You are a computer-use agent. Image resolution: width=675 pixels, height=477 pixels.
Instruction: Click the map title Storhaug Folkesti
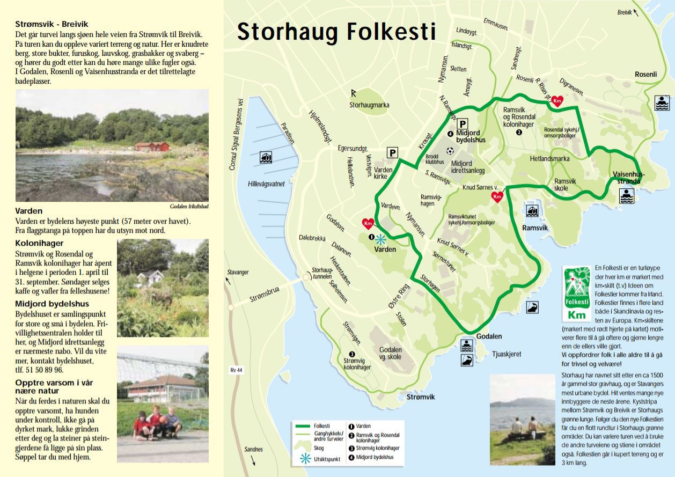click(x=336, y=32)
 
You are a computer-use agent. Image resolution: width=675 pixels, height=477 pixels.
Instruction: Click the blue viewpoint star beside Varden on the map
click(x=380, y=239)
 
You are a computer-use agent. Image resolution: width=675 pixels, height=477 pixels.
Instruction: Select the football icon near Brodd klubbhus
click(x=450, y=150)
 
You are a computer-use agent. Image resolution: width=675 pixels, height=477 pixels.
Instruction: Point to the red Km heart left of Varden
click(x=368, y=223)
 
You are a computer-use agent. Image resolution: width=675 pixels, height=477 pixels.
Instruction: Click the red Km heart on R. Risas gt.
click(x=557, y=101)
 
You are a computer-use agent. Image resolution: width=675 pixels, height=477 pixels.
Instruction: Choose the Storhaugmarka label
click(x=369, y=105)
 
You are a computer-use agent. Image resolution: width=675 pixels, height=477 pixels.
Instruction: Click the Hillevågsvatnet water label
click(x=266, y=184)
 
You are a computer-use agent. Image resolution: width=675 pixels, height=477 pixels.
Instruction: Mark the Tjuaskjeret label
click(x=507, y=354)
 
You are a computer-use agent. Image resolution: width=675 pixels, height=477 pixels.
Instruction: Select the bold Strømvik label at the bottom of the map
click(x=421, y=397)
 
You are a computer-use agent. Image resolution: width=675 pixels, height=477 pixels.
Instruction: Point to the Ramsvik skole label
click(x=565, y=185)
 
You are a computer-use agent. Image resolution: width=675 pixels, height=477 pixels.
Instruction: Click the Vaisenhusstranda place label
click(x=629, y=177)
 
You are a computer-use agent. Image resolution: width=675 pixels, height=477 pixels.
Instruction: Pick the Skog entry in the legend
click(x=319, y=447)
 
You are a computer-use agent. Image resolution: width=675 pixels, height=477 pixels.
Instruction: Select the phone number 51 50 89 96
click(x=40, y=370)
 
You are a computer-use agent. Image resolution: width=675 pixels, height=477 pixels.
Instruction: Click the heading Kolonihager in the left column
click(x=40, y=244)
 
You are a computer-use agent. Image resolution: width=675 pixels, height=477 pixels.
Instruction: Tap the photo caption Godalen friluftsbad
click(x=185, y=206)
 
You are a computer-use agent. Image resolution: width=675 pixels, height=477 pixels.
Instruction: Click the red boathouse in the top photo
click(x=152, y=146)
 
